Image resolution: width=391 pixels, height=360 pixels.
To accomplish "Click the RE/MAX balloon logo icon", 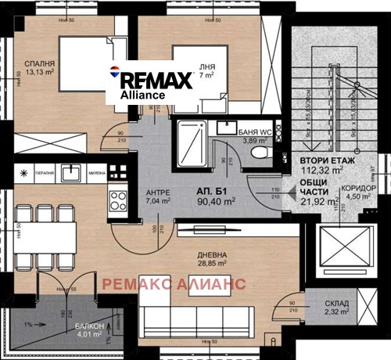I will coord(116,75).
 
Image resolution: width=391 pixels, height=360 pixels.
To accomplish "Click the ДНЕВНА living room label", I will coord(213,255).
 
